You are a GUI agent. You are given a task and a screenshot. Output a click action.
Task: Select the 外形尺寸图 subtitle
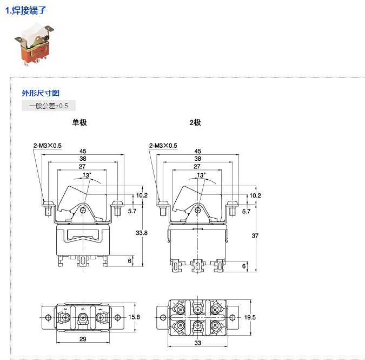(x=41, y=93)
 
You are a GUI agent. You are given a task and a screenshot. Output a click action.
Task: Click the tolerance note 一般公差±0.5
(x=49, y=106)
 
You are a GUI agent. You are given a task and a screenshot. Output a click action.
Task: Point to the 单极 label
(x=79, y=122)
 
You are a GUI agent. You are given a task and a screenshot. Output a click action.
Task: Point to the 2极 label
(x=195, y=122)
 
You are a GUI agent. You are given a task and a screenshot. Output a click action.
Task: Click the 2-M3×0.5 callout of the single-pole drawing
(x=48, y=145)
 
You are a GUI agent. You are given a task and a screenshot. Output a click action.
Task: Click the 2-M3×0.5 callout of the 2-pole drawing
(x=163, y=145)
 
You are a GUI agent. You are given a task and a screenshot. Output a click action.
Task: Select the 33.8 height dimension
(x=142, y=233)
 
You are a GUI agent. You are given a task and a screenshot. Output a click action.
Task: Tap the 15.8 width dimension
(x=135, y=317)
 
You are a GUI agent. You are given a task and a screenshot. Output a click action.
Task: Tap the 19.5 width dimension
(x=250, y=317)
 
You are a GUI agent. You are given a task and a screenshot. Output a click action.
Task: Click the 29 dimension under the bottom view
(x=83, y=339)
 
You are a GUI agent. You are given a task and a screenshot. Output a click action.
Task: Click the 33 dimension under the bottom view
(x=198, y=343)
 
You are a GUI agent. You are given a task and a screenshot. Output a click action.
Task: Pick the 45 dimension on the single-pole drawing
(x=83, y=151)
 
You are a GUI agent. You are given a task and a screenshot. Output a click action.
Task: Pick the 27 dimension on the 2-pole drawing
(x=198, y=167)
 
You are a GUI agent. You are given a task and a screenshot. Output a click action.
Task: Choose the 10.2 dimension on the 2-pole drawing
(x=255, y=195)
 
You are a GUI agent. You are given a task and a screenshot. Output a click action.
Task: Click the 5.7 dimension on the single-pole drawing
(x=132, y=211)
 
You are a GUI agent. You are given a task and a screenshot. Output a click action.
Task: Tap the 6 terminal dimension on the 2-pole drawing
(x=244, y=266)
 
